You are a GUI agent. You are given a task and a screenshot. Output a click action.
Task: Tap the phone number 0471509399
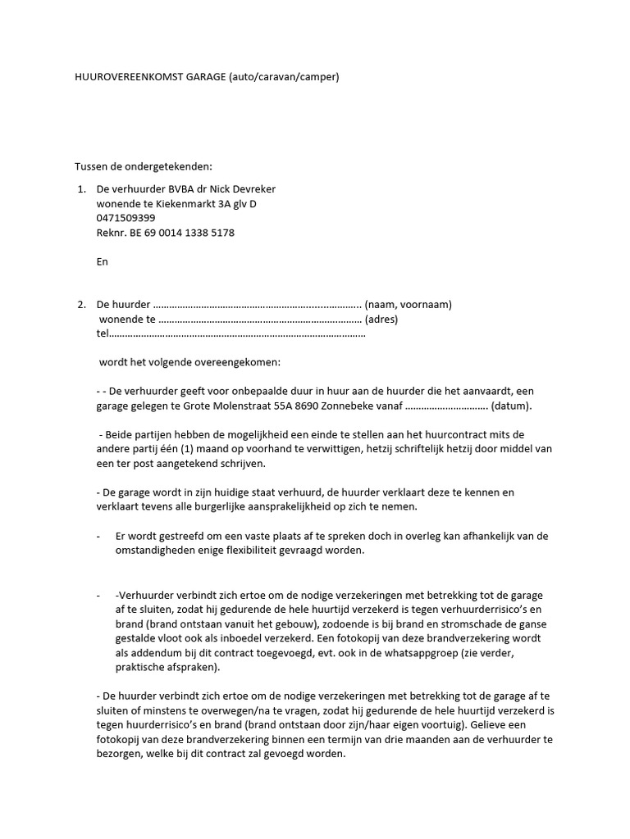pos(126,218)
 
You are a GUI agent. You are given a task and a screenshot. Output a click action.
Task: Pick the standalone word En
pos(103,262)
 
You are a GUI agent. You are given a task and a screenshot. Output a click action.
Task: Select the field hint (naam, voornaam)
pos(409,305)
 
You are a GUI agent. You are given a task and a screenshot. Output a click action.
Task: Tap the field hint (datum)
pos(512,406)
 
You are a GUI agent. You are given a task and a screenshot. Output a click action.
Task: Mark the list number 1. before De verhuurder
pos(81,188)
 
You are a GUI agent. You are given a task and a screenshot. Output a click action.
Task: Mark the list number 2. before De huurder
pos(81,305)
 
